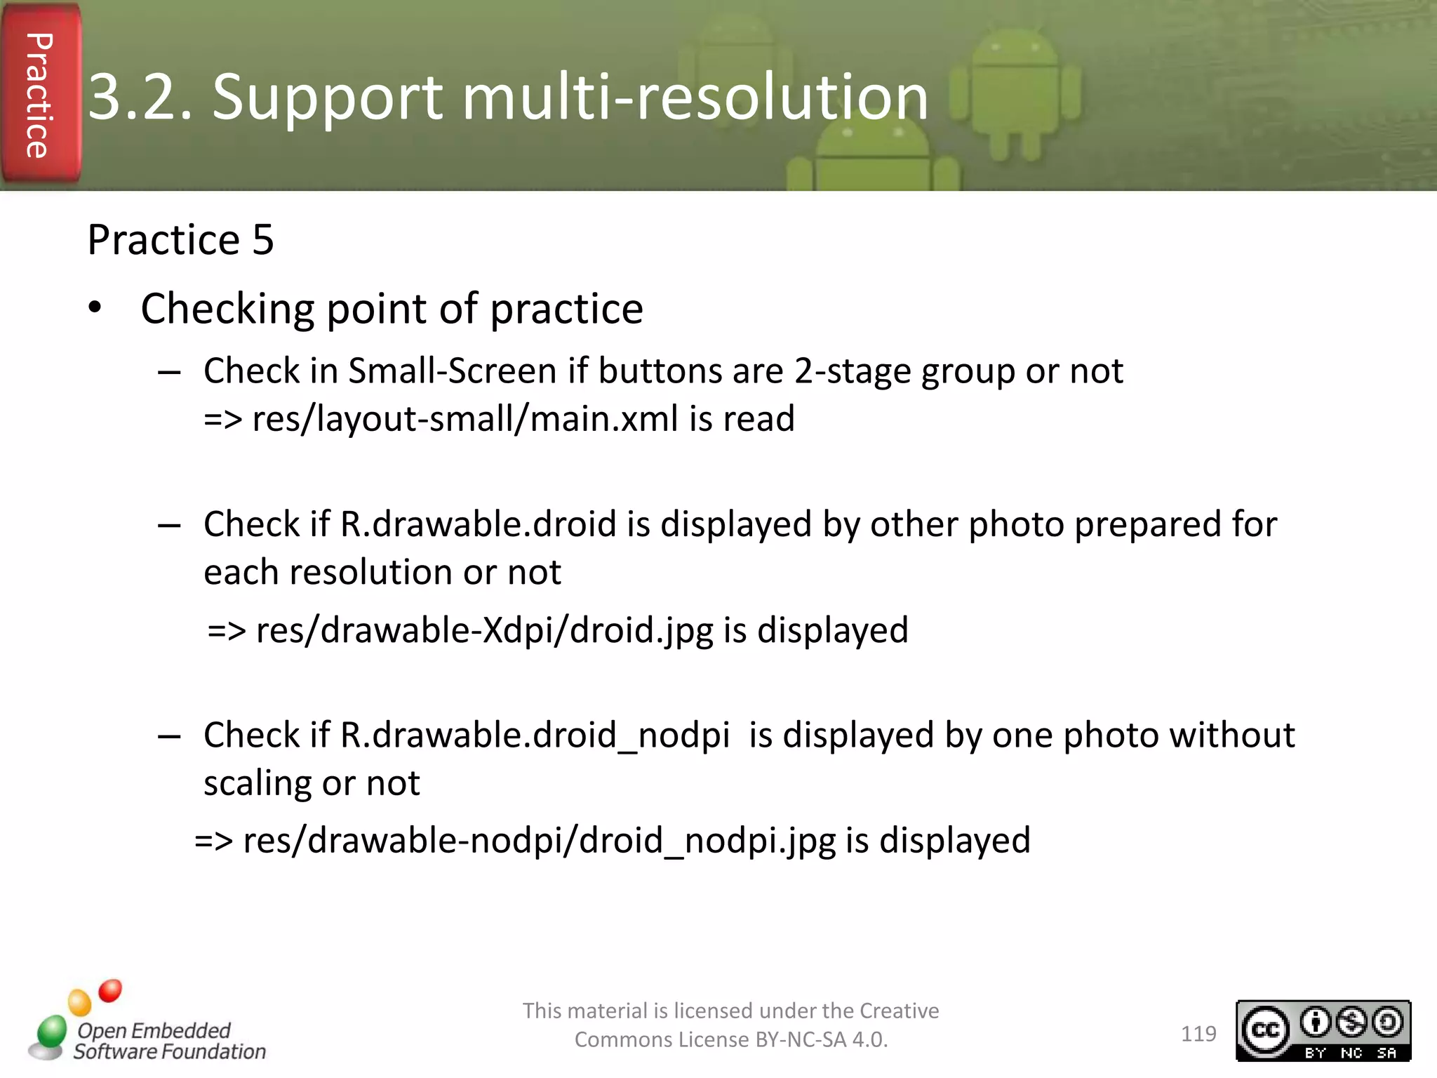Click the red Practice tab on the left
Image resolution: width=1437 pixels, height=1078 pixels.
click(x=41, y=95)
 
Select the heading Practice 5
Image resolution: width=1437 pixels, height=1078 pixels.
click(x=180, y=240)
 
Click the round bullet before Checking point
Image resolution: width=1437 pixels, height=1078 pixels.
click(x=95, y=308)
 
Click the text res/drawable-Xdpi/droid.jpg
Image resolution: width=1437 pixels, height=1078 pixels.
click(x=484, y=630)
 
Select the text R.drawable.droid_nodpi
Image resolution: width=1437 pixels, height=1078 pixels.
click(x=535, y=736)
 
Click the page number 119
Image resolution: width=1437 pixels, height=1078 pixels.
click(x=1198, y=1034)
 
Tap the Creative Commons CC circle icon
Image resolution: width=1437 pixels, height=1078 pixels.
click(x=1265, y=1030)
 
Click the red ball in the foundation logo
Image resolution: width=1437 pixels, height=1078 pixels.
click(x=110, y=990)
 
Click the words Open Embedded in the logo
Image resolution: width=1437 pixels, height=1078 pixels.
click(x=154, y=1030)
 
